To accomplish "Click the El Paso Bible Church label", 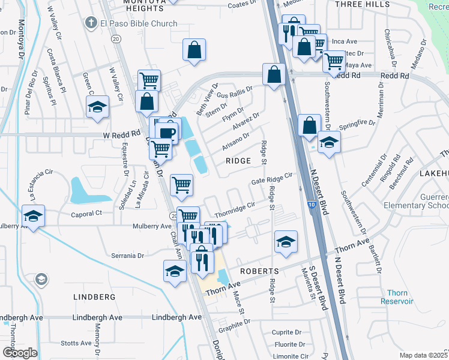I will [x=139, y=24].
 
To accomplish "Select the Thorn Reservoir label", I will [x=397, y=297].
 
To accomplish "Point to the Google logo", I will [x=20, y=353].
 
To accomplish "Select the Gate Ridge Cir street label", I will [x=271, y=179].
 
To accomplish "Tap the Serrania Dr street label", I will [x=128, y=256].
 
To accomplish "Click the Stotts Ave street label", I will [x=76, y=344].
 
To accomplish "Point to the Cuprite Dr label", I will [x=286, y=332].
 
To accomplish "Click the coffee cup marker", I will [x=168, y=132].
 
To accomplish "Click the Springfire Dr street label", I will [x=358, y=124].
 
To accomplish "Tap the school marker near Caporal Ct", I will [x=33, y=217].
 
